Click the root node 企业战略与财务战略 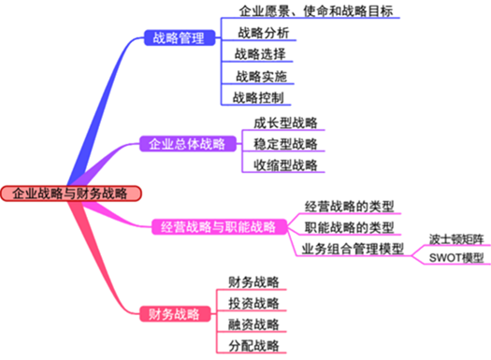pos(71,194)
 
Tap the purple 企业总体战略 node pos(187,144)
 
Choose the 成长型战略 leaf pos(285,122)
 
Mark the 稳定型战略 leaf pos(285,144)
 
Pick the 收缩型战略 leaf pos(285,166)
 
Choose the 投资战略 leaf pos(253,303)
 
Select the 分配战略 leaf pos(253,345)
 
